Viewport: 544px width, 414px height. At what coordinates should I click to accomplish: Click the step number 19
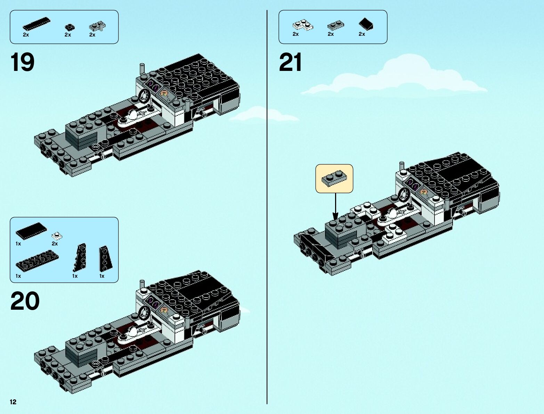(x=23, y=63)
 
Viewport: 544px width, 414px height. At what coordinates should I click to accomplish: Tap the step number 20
(x=25, y=301)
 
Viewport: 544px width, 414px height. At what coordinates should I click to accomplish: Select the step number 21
(x=291, y=63)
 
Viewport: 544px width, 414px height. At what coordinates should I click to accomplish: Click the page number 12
(x=13, y=402)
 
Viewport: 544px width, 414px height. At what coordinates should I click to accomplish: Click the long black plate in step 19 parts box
(x=36, y=24)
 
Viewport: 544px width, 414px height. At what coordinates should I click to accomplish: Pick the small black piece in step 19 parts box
(x=70, y=27)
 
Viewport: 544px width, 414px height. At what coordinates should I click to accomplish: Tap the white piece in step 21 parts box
(x=302, y=25)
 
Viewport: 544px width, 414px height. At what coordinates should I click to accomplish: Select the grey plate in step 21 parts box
(x=335, y=25)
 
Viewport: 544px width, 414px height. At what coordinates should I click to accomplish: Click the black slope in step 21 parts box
(x=366, y=24)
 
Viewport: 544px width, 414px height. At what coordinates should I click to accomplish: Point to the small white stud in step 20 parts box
(x=57, y=236)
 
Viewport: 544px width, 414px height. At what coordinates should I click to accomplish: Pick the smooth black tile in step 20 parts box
(x=31, y=230)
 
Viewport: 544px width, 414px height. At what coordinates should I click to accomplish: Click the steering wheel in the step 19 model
(x=144, y=96)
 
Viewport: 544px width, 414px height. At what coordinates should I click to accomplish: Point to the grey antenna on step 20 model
(x=142, y=286)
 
